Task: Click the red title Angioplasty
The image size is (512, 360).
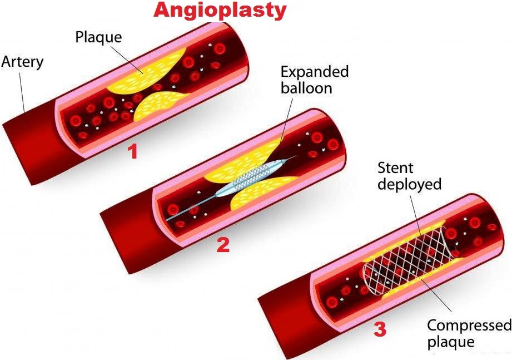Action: (x=220, y=10)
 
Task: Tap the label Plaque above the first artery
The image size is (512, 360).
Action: (x=98, y=38)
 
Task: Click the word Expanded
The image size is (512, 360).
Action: (x=315, y=72)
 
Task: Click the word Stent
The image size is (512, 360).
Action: (x=395, y=167)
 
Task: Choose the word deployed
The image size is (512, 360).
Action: (x=409, y=184)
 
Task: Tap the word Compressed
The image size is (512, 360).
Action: (x=469, y=325)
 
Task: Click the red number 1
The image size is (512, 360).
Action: (x=132, y=151)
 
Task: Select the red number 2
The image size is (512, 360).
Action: (x=222, y=245)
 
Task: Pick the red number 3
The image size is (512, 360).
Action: (x=380, y=329)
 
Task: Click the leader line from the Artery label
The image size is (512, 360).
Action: (x=22, y=95)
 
